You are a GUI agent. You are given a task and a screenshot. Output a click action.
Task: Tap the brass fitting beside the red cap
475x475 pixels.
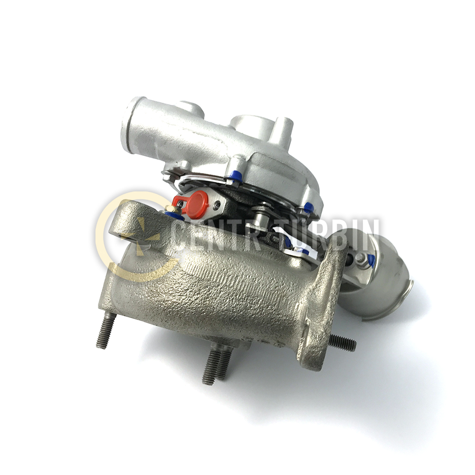click(x=171, y=209)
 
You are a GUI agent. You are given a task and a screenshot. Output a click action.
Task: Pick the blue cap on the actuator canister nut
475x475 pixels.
click(x=371, y=260)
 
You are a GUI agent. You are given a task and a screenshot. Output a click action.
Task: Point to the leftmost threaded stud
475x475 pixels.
click(x=106, y=331)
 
